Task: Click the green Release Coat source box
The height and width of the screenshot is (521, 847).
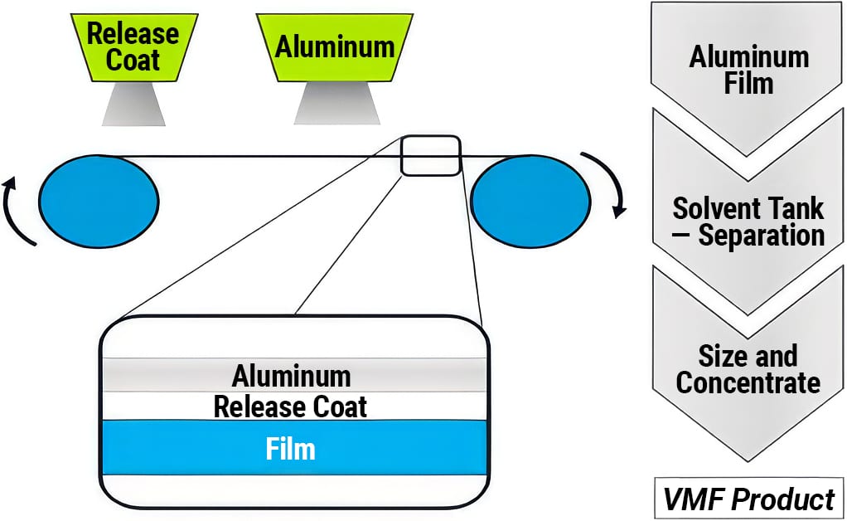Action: (x=133, y=46)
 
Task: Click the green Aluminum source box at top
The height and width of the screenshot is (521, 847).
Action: (x=334, y=46)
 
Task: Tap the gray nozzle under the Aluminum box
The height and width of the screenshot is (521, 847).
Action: (x=334, y=103)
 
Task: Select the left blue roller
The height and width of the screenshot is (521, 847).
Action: (x=99, y=201)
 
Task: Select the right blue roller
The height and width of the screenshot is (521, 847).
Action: (x=530, y=201)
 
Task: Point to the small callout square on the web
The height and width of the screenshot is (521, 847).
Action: (x=430, y=155)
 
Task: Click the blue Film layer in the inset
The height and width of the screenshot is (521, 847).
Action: (x=166, y=448)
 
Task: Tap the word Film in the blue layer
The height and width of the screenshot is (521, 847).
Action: (x=290, y=449)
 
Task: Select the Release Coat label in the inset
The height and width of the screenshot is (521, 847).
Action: (x=290, y=407)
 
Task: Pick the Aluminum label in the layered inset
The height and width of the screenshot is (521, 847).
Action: (x=291, y=376)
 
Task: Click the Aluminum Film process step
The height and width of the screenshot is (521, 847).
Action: (x=748, y=71)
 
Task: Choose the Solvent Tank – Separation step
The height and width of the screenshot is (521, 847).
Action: (x=748, y=221)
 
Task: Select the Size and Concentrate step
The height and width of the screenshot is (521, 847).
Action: (x=748, y=370)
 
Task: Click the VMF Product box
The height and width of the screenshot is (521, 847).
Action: (x=748, y=499)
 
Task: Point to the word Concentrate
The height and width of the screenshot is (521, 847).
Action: (x=748, y=383)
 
